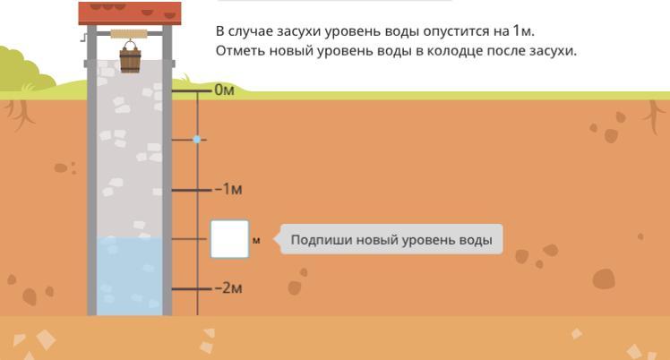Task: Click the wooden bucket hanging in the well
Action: (x=130, y=59)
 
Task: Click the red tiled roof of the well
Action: (x=130, y=13)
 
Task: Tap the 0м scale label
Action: (x=223, y=91)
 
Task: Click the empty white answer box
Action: (x=229, y=239)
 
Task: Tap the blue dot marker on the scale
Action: (x=198, y=140)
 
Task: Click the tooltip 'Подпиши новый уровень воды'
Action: (x=391, y=240)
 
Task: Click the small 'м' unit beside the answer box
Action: (x=256, y=240)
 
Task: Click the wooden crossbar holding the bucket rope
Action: (x=130, y=35)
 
